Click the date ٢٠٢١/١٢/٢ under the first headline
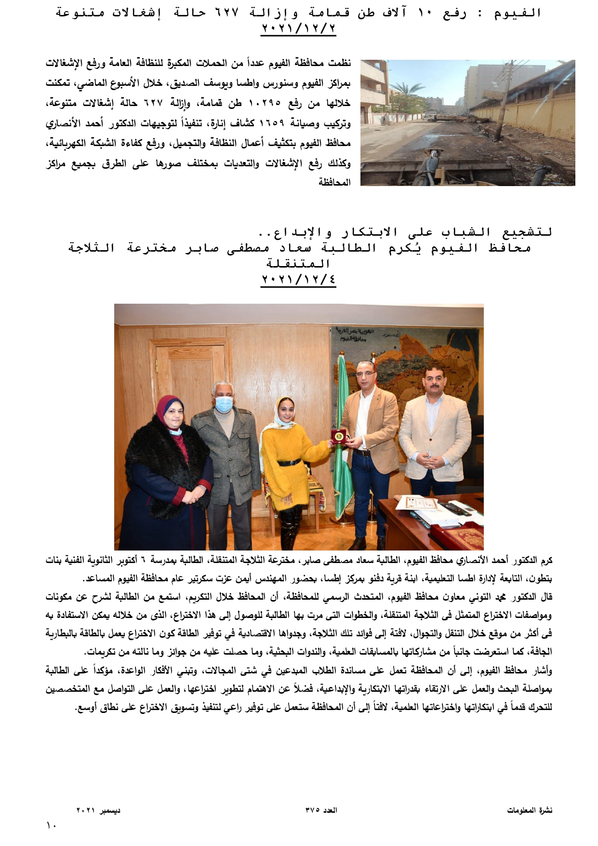click(x=298, y=28)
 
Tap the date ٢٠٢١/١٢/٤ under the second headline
click(x=298, y=280)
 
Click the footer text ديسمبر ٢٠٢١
click(x=98, y=810)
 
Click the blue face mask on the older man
click(x=224, y=403)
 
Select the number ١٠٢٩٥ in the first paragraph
click(x=265, y=104)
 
